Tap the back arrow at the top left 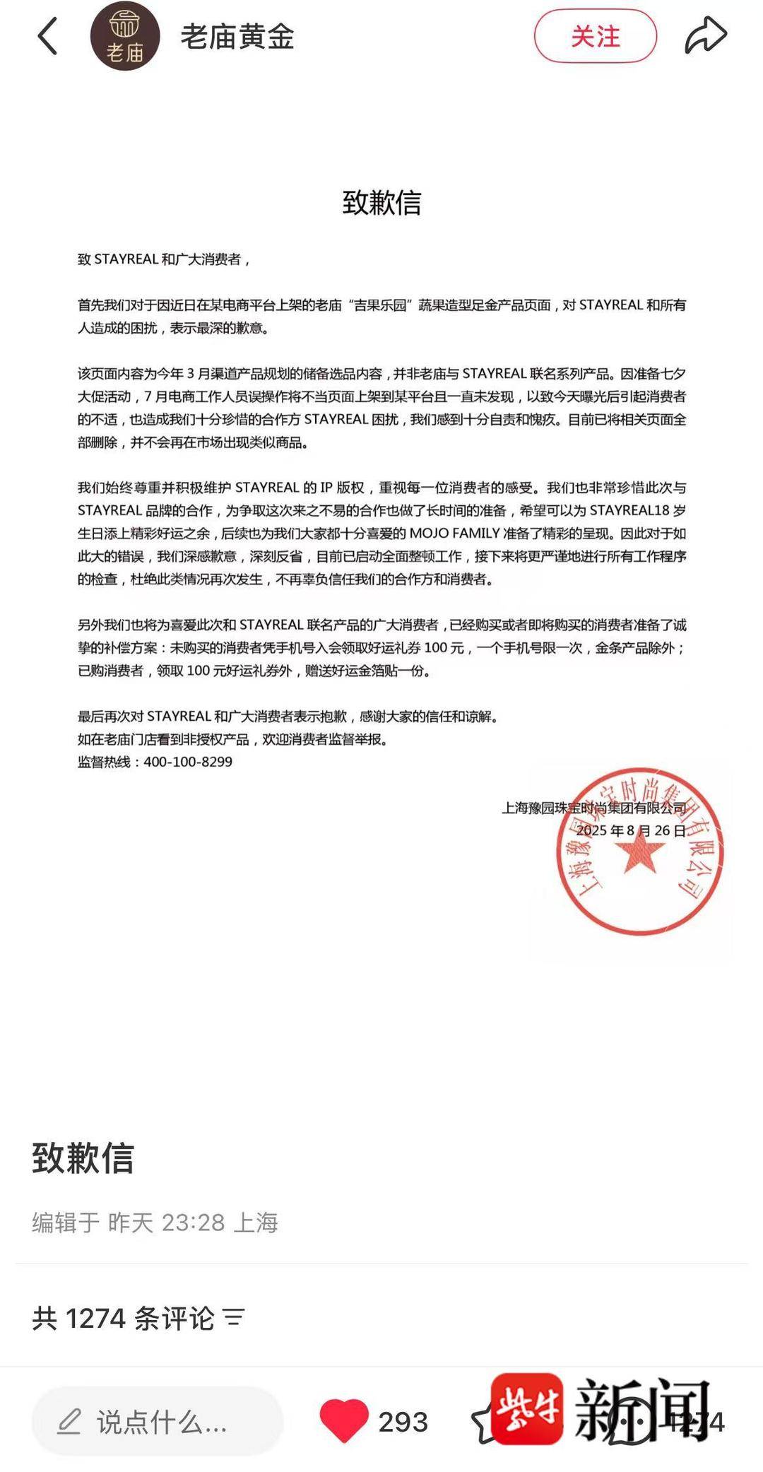[x=47, y=36]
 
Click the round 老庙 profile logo [x=125, y=37]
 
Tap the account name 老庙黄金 [x=237, y=37]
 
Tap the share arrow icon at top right [x=705, y=36]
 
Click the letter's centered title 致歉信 [x=381, y=203]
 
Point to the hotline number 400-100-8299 [x=188, y=762]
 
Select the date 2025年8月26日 [x=631, y=830]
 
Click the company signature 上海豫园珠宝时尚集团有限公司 [x=593, y=808]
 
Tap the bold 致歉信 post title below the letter [x=83, y=1158]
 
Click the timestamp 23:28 [x=193, y=1222]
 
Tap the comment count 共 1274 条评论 [x=123, y=1318]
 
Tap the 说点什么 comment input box [x=157, y=1421]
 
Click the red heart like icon [x=343, y=1420]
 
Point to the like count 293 [x=403, y=1422]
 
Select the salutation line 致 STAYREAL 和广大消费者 [x=163, y=259]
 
